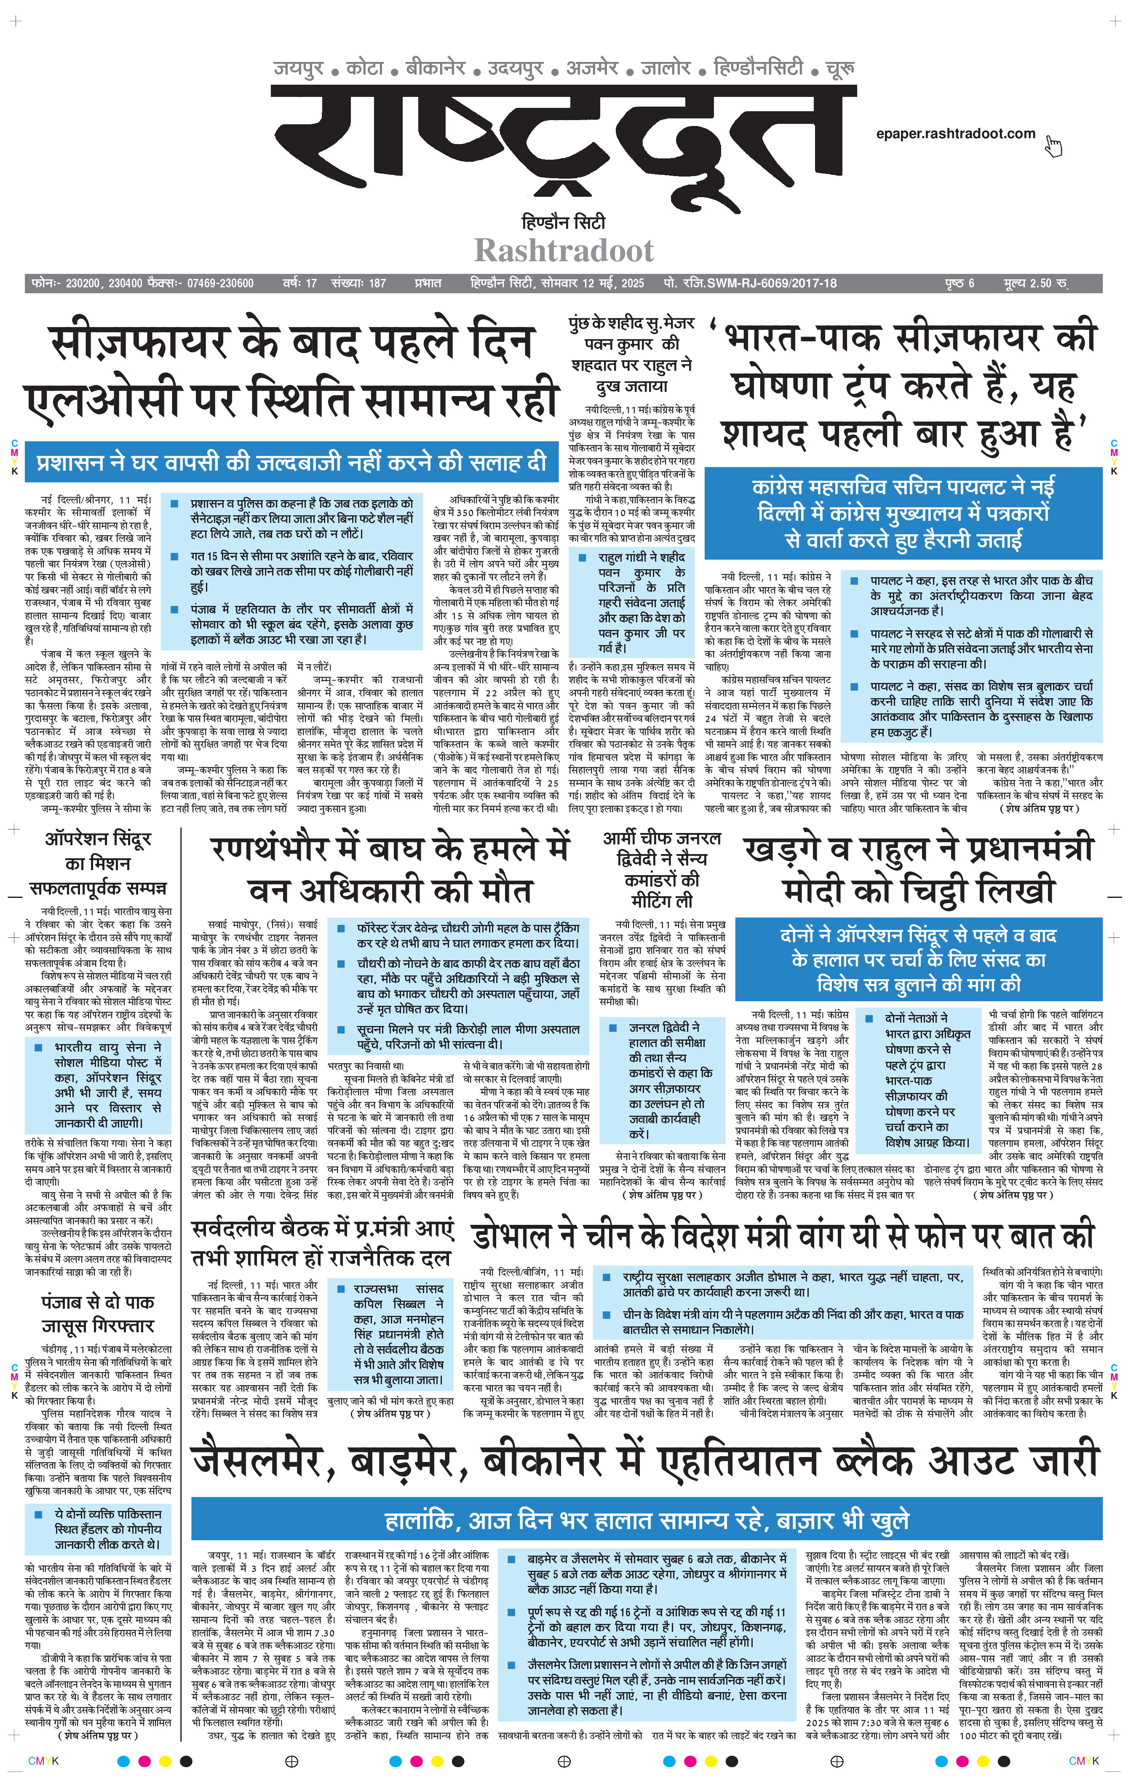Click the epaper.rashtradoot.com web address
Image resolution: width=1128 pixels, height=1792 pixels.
pyautogui.click(x=955, y=134)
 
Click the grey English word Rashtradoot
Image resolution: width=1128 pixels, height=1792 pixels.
pyautogui.click(x=564, y=251)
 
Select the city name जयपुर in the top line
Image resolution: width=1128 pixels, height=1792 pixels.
pyautogui.click(x=298, y=68)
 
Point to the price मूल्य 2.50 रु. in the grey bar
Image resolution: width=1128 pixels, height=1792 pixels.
pyautogui.click(x=1035, y=284)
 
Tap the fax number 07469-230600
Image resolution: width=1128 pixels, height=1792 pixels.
pyautogui.click(x=220, y=284)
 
